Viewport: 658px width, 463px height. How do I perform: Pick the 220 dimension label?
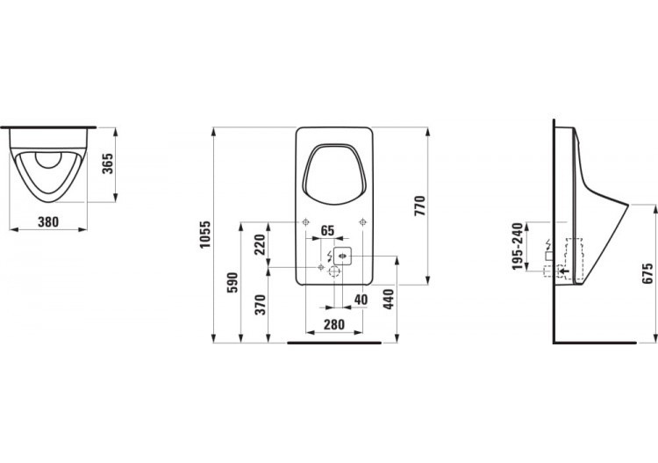click(x=259, y=243)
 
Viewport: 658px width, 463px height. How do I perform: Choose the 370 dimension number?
click(x=259, y=303)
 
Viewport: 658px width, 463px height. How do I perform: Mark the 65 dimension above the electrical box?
click(x=327, y=230)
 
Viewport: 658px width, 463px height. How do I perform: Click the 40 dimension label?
click(x=360, y=299)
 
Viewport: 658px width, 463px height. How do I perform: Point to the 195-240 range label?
click(x=518, y=246)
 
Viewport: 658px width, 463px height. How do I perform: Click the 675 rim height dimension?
click(x=647, y=273)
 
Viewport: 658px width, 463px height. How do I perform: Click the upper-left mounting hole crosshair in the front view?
click(x=304, y=221)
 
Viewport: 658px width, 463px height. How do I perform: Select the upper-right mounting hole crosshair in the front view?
click(x=362, y=221)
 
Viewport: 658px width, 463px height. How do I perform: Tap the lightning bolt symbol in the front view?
click(x=328, y=257)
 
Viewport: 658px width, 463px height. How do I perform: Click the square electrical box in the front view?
click(x=343, y=257)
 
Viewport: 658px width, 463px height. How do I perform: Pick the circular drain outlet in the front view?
click(x=333, y=272)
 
